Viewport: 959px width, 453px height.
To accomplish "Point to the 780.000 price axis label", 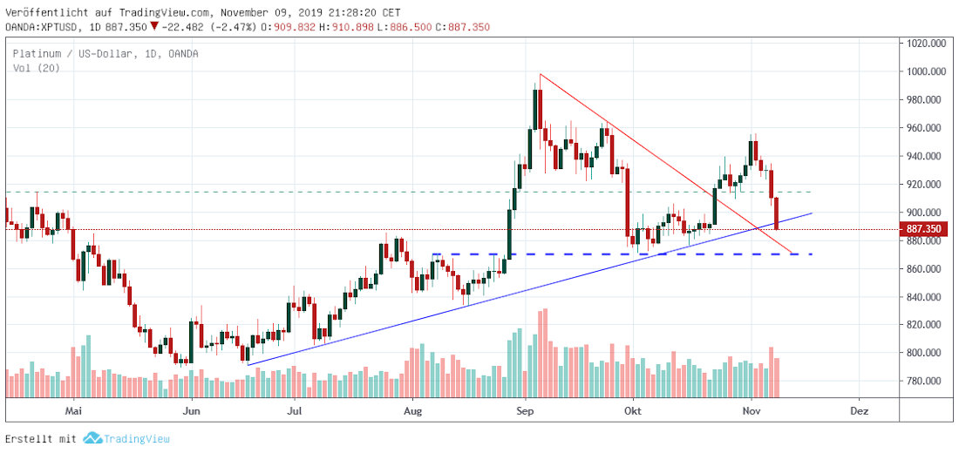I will [x=924, y=381].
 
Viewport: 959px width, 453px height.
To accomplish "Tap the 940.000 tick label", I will [x=924, y=156].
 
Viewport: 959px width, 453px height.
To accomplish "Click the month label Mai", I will [x=74, y=409].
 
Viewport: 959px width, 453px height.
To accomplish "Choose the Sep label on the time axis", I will [x=525, y=409].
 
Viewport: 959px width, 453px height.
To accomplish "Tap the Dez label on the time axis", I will [x=859, y=409].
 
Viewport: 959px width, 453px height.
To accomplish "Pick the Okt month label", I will [x=634, y=409].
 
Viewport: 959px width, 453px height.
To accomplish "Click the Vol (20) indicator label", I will [x=36, y=68].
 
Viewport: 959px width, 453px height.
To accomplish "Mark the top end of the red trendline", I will [x=541, y=74].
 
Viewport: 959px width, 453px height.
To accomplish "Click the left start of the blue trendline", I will [x=248, y=365].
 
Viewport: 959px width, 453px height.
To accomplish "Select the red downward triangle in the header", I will [x=179, y=27].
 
